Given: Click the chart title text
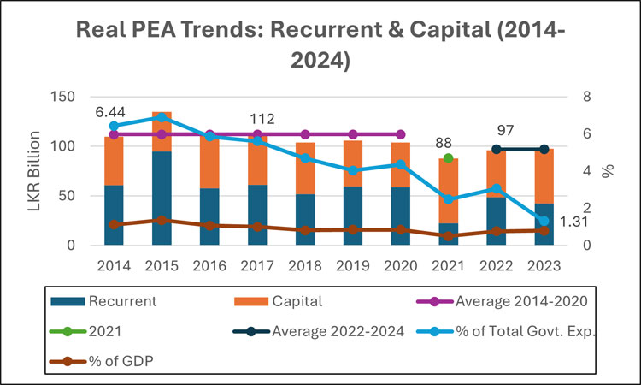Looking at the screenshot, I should pos(320,45).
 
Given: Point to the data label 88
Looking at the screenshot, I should pos(443,143).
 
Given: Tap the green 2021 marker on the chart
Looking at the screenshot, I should pos(449,158).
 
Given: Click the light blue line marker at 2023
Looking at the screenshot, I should pos(544,221).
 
